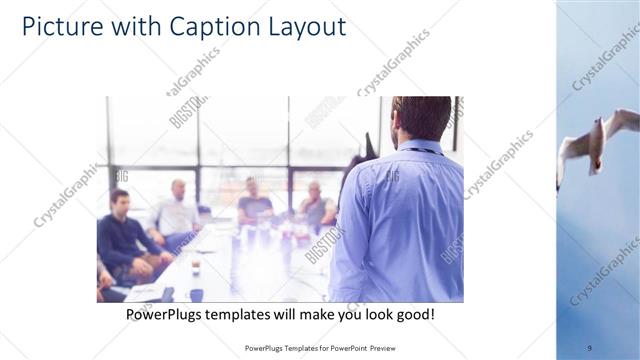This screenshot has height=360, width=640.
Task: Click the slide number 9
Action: [x=589, y=348]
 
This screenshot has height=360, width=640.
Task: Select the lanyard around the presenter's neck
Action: [x=418, y=150]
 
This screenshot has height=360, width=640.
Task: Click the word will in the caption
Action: [x=284, y=315]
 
